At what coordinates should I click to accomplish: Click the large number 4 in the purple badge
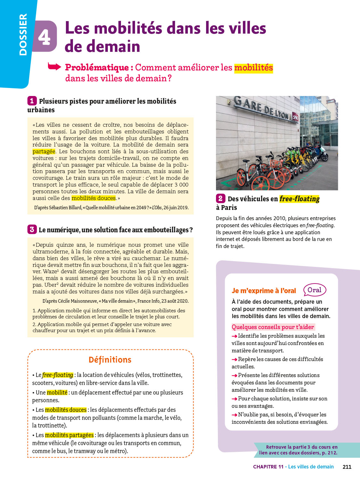point(44,37)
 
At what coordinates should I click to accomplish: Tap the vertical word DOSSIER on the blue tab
point(23,35)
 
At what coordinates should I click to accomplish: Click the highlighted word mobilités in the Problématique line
point(253,68)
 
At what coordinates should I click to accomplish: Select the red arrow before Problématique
point(54,67)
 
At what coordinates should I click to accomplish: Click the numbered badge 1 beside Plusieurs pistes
point(32,101)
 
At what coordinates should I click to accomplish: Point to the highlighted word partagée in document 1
point(44,151)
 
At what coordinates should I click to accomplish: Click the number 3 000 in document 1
point(181,185)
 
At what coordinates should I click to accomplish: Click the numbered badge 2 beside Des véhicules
point(220,198)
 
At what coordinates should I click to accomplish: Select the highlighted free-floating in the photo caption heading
point(299,199)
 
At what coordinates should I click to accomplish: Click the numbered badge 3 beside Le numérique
point(32,229)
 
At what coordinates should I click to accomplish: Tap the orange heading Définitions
point(110,360)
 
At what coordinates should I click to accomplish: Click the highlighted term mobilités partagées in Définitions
point(69,435)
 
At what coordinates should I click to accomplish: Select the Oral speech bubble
point(315,290)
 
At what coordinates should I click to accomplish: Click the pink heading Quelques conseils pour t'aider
point(273,327)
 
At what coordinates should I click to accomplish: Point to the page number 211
point(347,467)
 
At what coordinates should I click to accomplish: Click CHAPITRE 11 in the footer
point(268,467)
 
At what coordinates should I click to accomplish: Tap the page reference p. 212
point(330,453)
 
